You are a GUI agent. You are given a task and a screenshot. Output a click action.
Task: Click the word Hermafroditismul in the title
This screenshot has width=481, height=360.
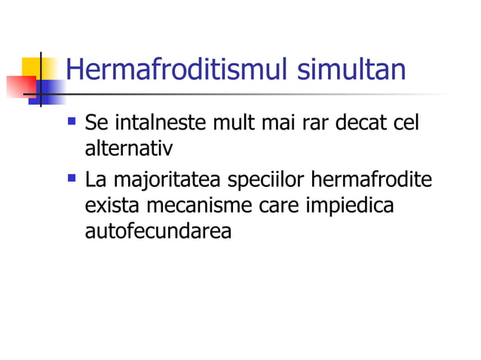click(x=178, y=71)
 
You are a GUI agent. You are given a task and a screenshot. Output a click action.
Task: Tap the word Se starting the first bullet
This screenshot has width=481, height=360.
click(x=97, y=123)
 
